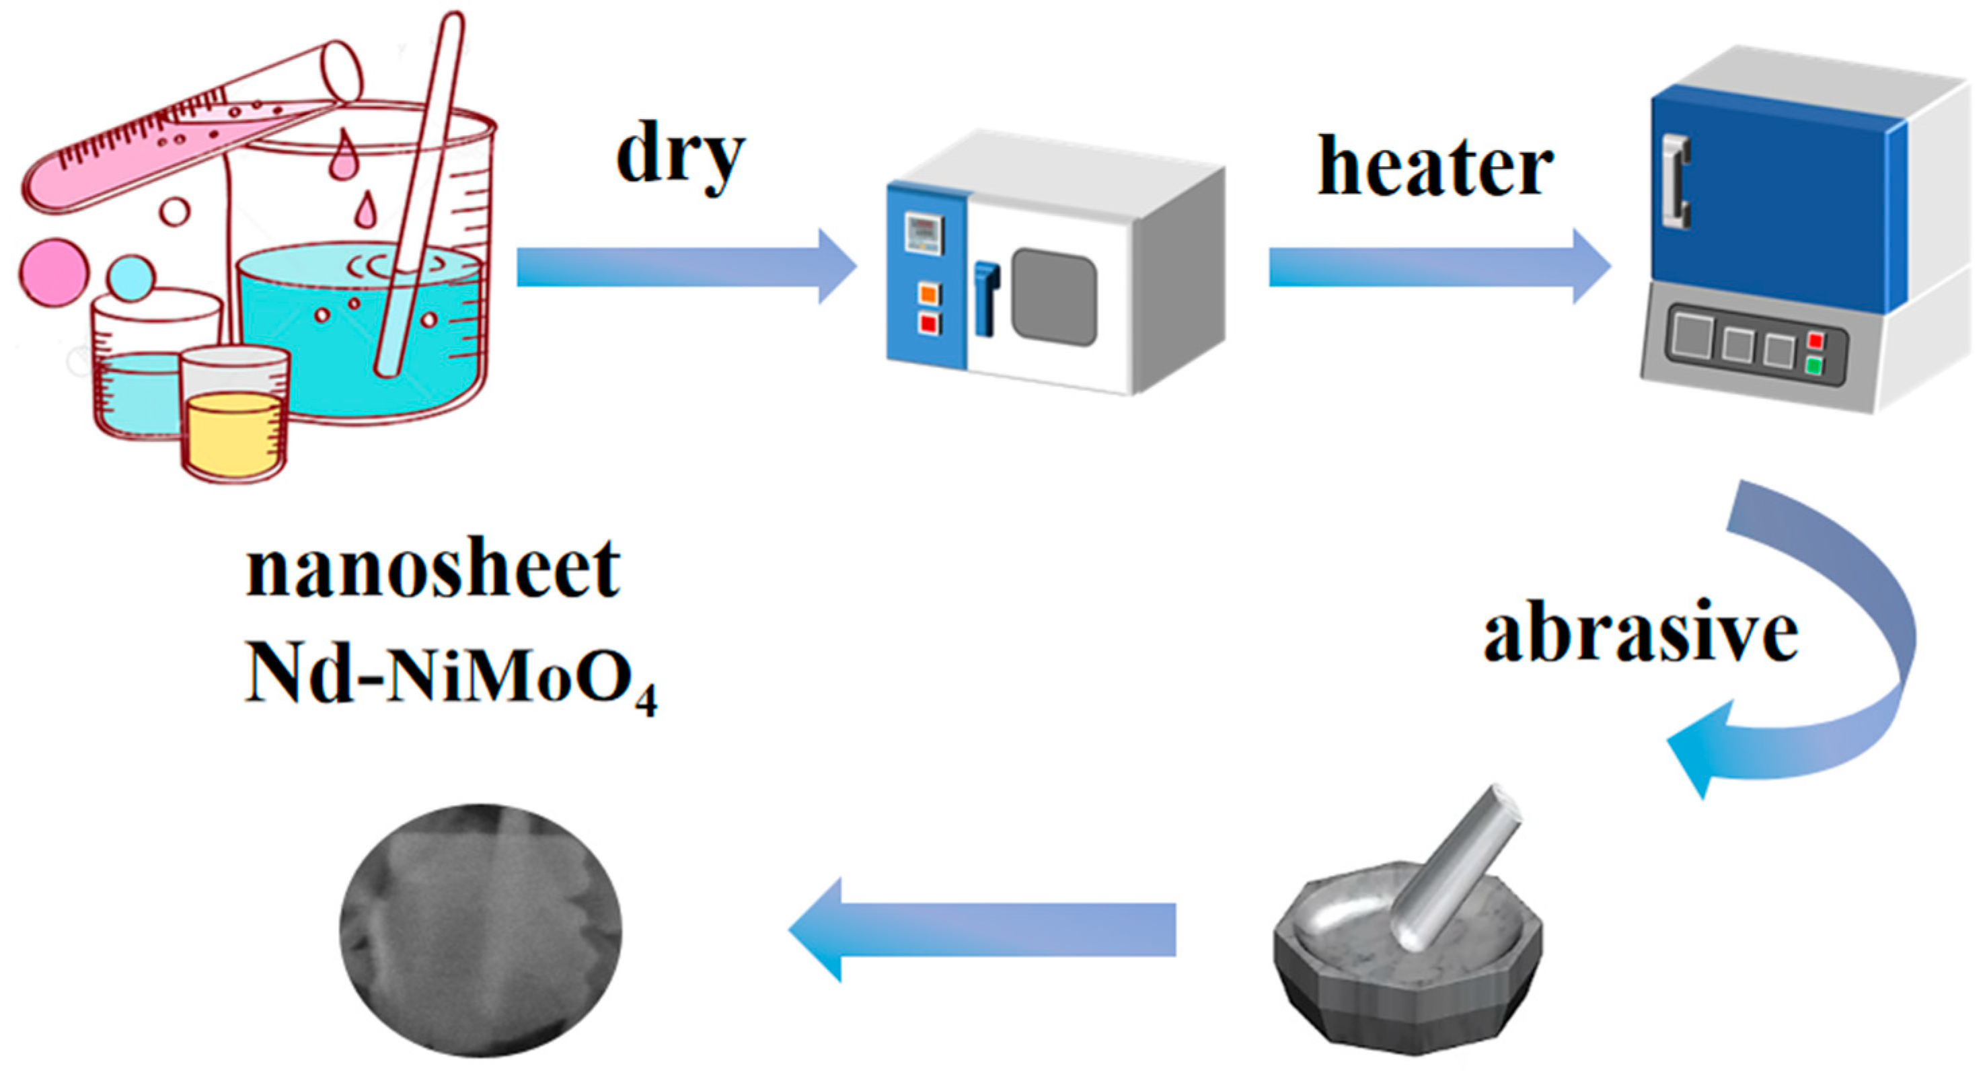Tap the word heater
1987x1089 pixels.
tap(1435, 167)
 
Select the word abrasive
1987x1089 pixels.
tap(1640, 632)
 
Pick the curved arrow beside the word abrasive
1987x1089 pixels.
tap(1836, 656)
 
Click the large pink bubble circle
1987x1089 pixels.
tap(53, 272)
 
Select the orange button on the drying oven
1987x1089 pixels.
tap(929, 294)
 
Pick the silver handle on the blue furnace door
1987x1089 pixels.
tap(1676, 181)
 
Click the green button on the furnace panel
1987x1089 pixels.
tap(1815, 365)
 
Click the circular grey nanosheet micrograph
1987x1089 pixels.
tap(480, 930)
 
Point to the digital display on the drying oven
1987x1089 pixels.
tap(924, 232)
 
